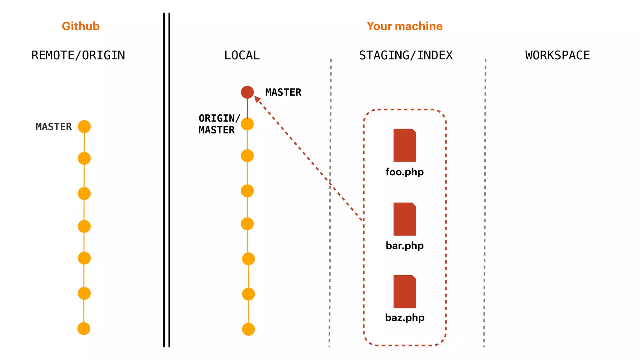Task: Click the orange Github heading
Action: click(x=81, y=26)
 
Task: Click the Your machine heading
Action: click(x=404, y=26)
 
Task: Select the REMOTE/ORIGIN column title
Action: click(x=78, y=55)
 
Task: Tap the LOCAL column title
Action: click(x=242, y=55)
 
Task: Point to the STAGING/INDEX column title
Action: click(x=406, y=55)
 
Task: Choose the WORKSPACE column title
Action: click(x=557, y=55)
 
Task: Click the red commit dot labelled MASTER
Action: click(x=247, y=92)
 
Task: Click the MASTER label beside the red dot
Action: click(x=283, y=92)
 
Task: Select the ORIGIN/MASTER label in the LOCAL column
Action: click(x=219, y=124)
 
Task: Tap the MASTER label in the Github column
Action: click(x=54, y=127)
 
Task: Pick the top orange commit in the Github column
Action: click(x=84, y=127)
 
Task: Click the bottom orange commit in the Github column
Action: click(x=84, y=328)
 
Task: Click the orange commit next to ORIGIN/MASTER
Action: click(x=247, y=124)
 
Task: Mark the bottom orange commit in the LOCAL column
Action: click(x=248, y=329)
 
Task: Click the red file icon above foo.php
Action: click(x=405, y=145)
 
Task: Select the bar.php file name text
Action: click(x=405, y=246)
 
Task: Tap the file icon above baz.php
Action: click(x=405, y=292)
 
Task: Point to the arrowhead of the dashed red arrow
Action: click(x=257, y=99)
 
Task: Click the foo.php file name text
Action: click(x=405, y=172)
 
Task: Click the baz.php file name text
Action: click(x=405, y=317)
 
